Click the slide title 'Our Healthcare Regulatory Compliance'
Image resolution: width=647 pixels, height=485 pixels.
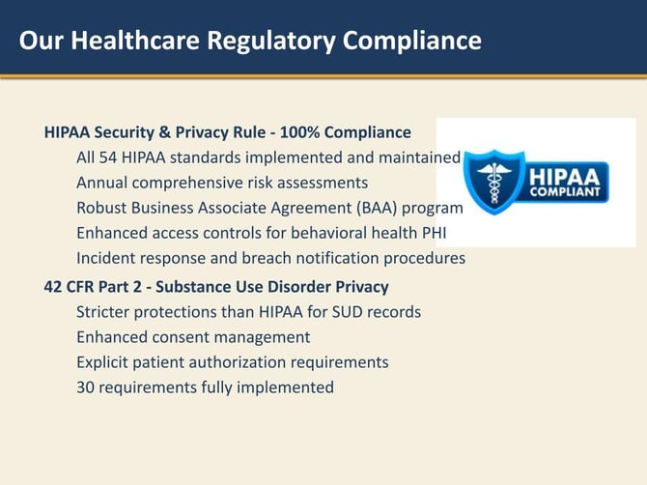coord(250,41)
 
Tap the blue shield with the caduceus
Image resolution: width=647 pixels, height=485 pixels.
coord(495,182)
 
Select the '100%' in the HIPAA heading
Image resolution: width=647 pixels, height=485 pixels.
coord(296,132)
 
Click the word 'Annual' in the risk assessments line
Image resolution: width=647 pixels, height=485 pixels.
coord(101,183)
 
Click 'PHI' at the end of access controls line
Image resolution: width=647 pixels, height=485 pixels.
coord(432,233)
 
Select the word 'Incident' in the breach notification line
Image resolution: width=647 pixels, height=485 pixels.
coord(106,258)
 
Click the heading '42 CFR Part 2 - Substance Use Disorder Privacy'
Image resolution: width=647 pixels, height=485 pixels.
coord(216,287)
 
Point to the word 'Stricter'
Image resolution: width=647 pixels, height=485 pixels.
coord(106,312)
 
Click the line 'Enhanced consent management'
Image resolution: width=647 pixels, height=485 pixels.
coord(193,337)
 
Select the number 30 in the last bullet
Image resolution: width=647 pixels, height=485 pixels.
coord(87,387)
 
